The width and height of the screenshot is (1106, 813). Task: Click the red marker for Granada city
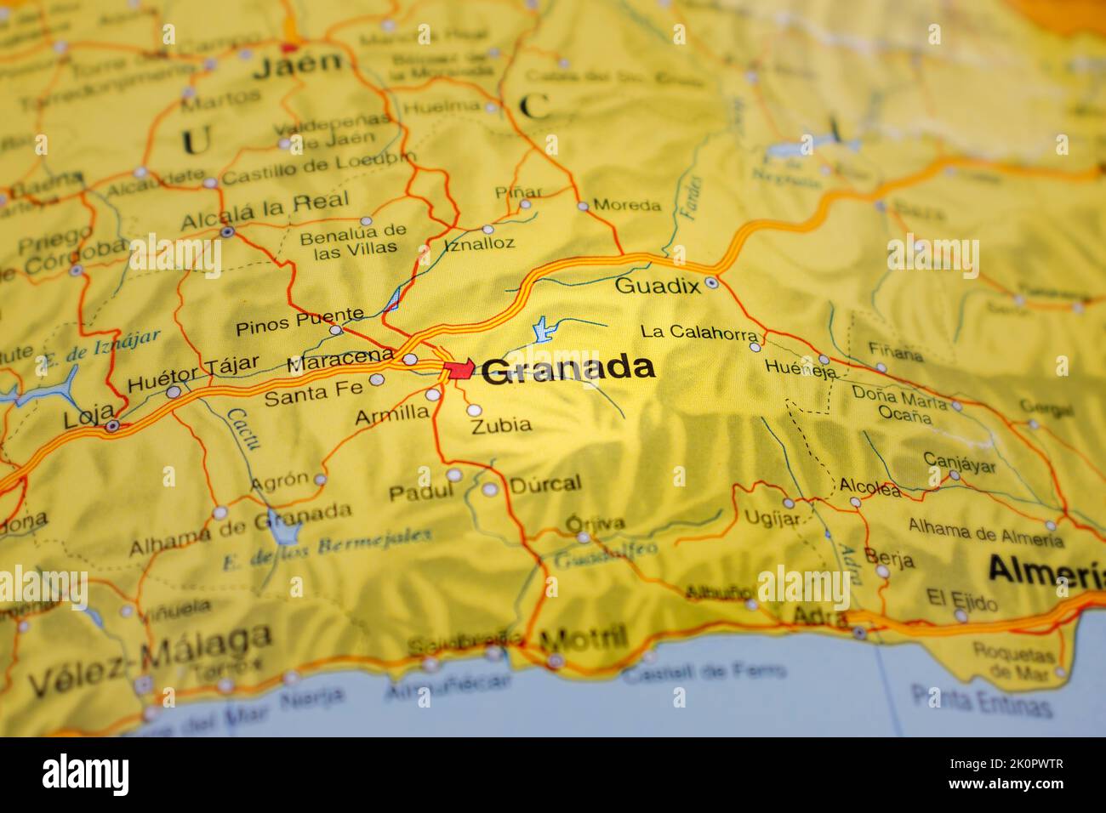click(x=459, y=368)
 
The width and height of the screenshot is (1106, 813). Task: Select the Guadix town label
click(x=657, y=286)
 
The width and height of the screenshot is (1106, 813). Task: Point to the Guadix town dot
click(x=712, y=283)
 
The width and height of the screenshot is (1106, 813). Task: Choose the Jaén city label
click(x=299, y=62)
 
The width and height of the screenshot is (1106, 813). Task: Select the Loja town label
click(x=83, y=419)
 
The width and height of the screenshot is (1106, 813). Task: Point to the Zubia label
click(x=501, y=424)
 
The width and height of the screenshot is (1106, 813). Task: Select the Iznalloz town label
click(x=479, y=244)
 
